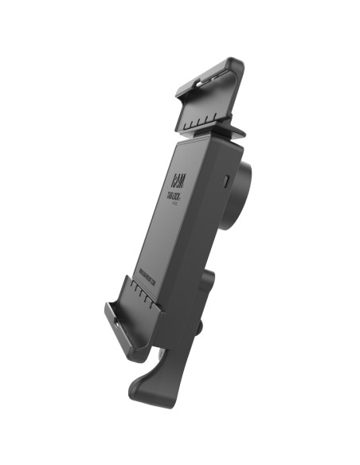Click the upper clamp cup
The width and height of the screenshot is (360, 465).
pos(208,96)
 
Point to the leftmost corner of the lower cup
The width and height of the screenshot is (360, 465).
pos(106,307)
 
